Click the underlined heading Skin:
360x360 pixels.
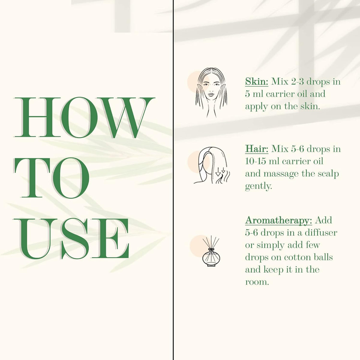pos(256,82)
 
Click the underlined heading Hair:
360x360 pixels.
pos(256,149)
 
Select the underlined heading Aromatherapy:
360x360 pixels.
pos(278,220)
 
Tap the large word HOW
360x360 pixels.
pos(84,118)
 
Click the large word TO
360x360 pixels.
pos(51,178)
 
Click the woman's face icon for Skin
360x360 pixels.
pos(211,92)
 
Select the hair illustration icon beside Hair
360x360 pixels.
pos(212,165)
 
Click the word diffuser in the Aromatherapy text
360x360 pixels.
pos(321,233)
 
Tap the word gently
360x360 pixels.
pos(258,186)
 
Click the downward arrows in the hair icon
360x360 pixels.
pos(220,172)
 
